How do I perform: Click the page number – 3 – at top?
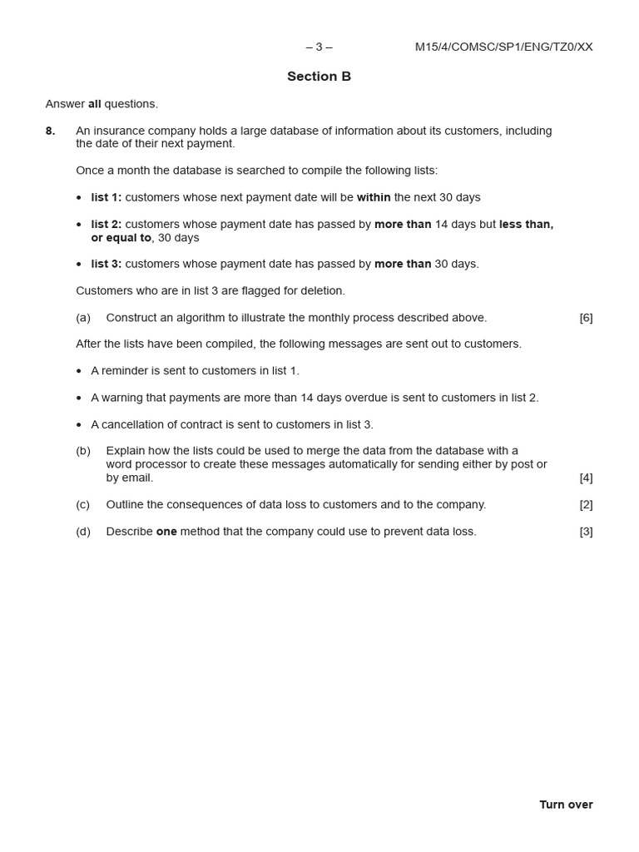tap(319, 47)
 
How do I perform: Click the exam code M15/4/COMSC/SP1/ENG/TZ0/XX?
tap(503, 47)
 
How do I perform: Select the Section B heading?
tap(319, 77)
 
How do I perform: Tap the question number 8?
tap(51, 131)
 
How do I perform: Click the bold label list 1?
tap(106, 197)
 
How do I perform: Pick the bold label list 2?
tap(106, 224)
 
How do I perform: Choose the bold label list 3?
tap(106, 264)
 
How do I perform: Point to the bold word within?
tap(374, 197)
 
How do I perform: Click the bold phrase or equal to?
tap(121, 237)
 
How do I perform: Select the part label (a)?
tap(83, 317)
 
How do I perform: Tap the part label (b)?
tap(83, 451)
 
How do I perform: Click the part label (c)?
tap(83, 504)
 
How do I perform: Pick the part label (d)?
tap(83, 531)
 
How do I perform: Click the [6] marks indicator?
tap(586, 317)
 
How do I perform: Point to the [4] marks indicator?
tap(586, 478)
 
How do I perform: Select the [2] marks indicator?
tap(586, 504)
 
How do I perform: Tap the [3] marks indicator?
tap(586, 531)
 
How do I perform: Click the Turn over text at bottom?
tap(566, 805)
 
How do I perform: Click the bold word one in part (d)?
tap(166, 531)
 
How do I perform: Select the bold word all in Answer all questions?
tap(95, 104)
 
